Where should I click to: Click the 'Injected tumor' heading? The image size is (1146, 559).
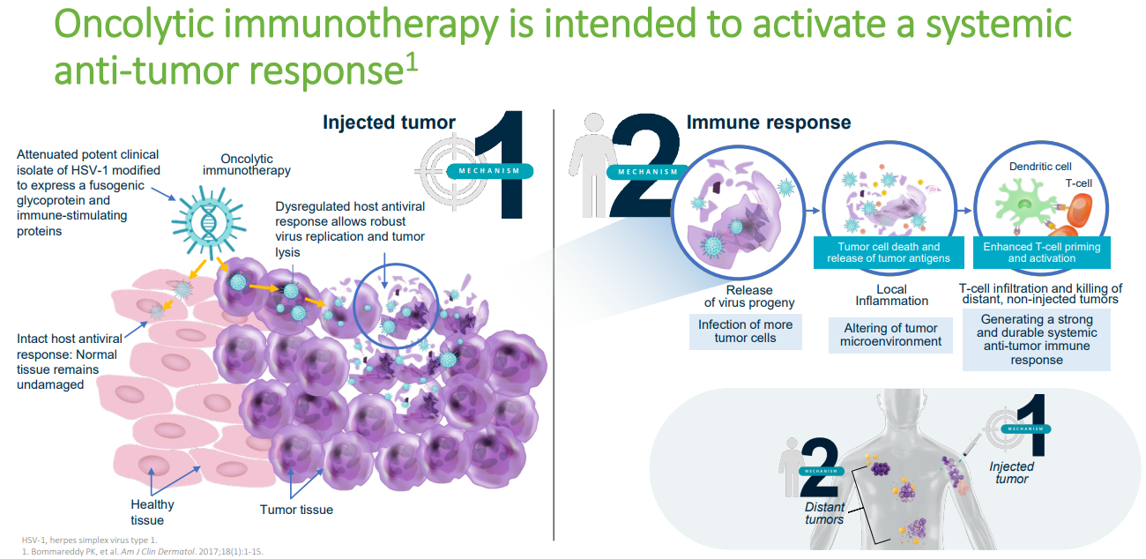tap(389, 123)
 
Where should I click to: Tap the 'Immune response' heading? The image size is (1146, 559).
tap(769, 123)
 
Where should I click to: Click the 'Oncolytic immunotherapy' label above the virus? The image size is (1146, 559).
tap(247, 164)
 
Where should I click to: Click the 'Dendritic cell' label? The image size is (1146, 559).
tap(1040, 167)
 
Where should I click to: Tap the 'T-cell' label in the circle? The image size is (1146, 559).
tap(1078, 183)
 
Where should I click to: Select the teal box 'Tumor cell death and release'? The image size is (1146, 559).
tap(889, 252)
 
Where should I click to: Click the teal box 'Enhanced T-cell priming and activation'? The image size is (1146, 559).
tap(1042, 252)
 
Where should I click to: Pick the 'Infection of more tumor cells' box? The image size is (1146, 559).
tap(746, 332)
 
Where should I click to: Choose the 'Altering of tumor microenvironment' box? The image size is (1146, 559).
tap(890, 335)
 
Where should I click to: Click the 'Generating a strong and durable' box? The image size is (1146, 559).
tap(1037, 339)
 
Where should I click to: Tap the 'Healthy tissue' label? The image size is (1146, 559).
tap(152, 512)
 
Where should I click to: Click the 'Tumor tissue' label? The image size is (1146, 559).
tap(296, 510)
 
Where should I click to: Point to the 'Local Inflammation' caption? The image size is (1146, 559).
tap(892, 295)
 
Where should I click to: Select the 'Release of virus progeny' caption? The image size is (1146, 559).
tap(749, 296)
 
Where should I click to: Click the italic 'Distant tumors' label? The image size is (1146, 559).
tap(824, 513)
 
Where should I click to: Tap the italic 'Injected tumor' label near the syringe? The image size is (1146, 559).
tap(1011, 473)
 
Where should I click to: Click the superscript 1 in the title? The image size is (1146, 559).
tap(412, 63)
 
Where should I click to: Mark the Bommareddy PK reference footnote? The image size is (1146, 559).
tap(142, 552)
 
